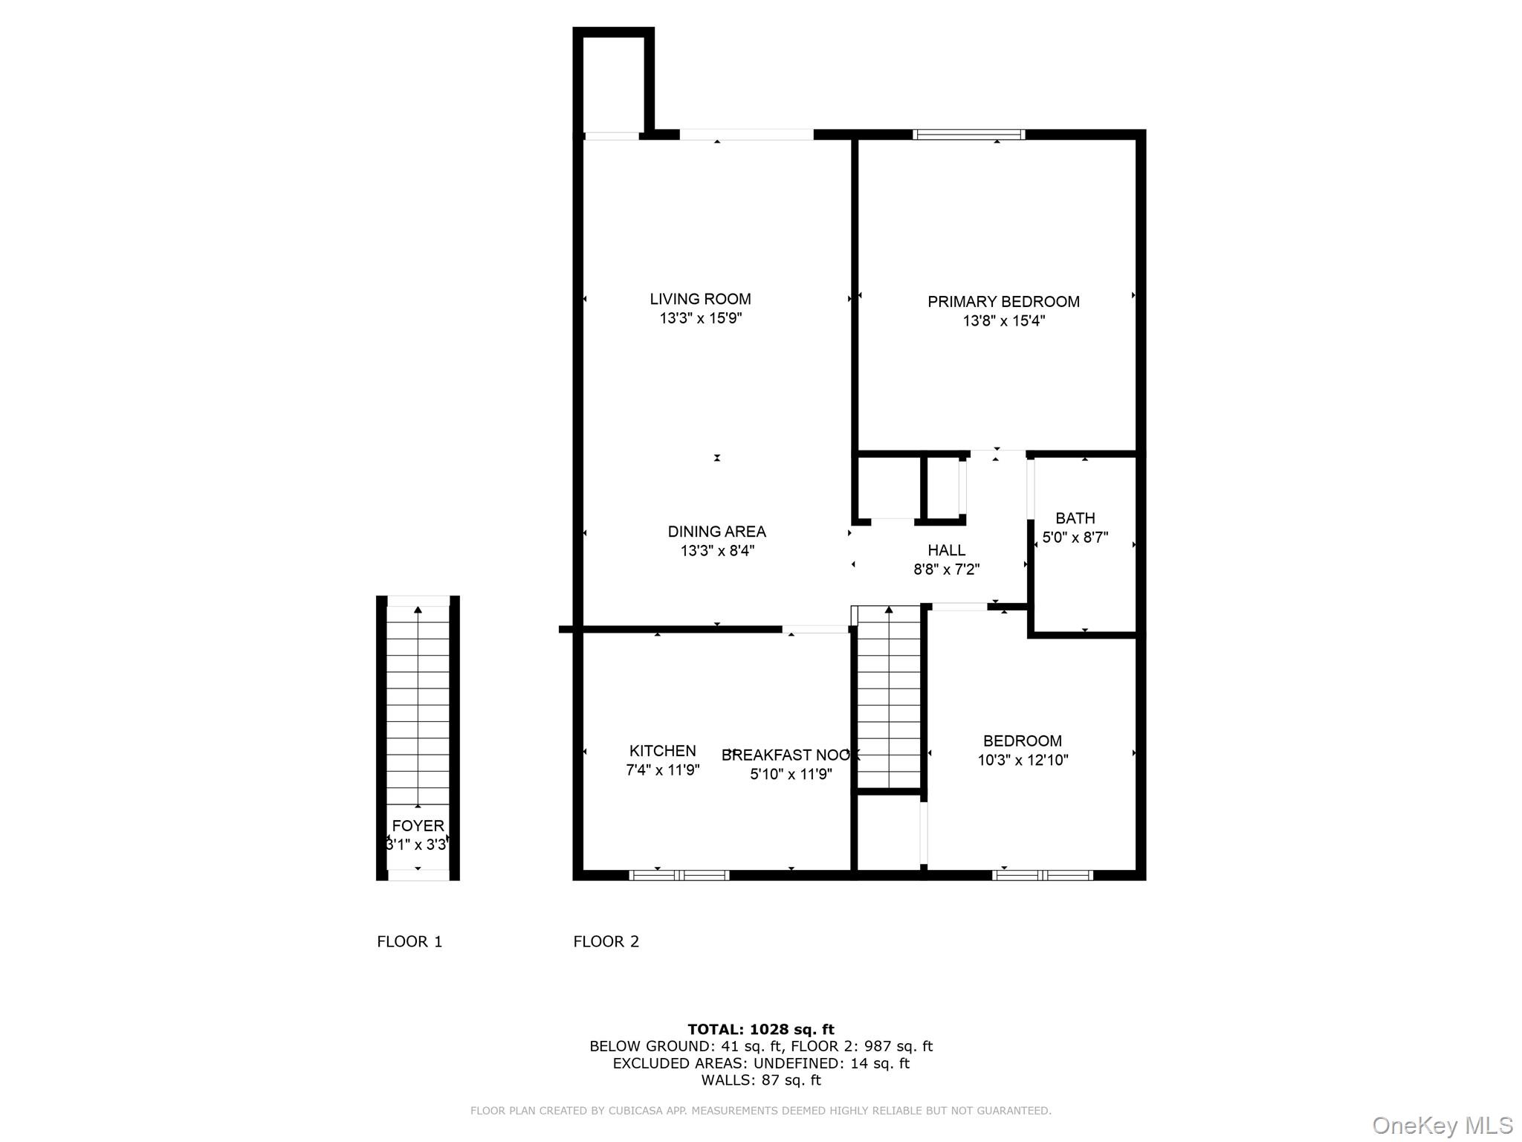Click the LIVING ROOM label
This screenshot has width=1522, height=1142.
[x=700, y=299]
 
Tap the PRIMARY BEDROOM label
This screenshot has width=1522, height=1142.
[x=1003, y=302]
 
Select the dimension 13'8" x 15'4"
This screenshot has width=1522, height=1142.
[x=1004, y=321]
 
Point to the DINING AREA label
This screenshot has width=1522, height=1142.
[x=716, y=532]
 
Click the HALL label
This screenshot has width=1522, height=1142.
[x=946, y=550]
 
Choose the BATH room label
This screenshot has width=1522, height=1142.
[x=1075, y=518]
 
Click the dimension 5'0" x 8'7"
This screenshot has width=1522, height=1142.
[x=1075, y=538]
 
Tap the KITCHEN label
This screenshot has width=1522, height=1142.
[x=662, y=751]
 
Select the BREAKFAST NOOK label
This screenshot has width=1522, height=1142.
[x=790, y=755]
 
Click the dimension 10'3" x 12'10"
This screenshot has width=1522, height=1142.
[x=1023, y=760]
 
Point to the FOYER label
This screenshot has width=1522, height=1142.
[x=418, y=825]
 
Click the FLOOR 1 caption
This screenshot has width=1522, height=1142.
[x=409, y=941]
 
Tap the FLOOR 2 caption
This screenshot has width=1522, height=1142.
[x=606, y=941]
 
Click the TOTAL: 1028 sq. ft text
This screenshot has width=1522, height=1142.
[x=760, y=1029]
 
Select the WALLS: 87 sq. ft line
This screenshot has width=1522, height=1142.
[x=760, y=1080]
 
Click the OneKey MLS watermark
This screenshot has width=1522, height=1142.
[x=1442, y=1125]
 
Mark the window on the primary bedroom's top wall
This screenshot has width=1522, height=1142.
[x=968, y=135]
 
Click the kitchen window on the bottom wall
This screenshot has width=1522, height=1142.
[x=679, y=875]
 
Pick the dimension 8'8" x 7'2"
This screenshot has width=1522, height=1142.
[x=946, y=570]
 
